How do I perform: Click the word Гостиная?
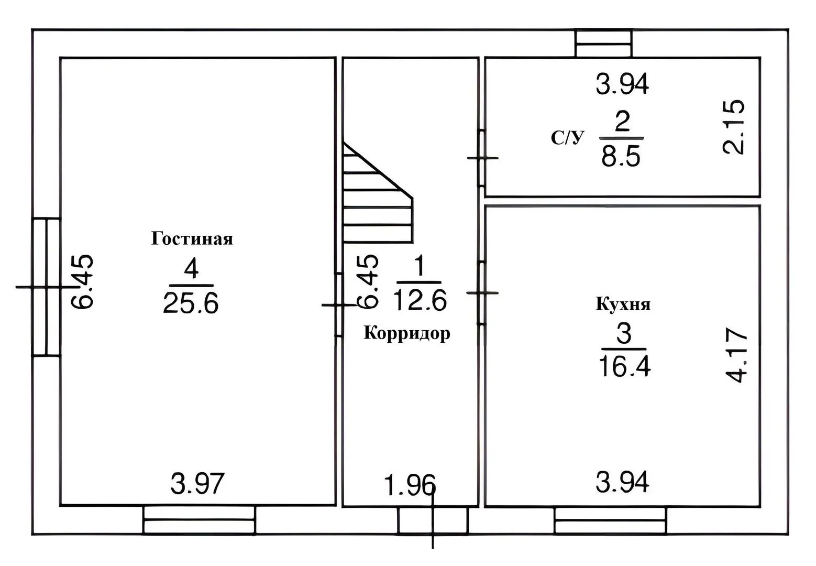(192, 239)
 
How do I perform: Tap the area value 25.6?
(191, 303)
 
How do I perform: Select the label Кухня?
(623, 304)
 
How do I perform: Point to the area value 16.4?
(624, 366)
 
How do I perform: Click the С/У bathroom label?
(568, 138)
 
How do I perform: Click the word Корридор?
(407, 333)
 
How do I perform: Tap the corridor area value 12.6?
(420, 300)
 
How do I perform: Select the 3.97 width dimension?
(197, 484)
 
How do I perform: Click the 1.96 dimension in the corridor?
(410, 485)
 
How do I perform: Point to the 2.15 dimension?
(734, 127)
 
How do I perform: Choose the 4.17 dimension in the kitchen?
(736, 355)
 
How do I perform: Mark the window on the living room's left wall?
(47, 287)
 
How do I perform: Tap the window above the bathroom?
(604, 43)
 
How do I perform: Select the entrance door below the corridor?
(433, 520)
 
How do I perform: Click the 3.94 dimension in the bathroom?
(622, 84)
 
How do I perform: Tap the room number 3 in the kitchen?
(624, 333)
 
